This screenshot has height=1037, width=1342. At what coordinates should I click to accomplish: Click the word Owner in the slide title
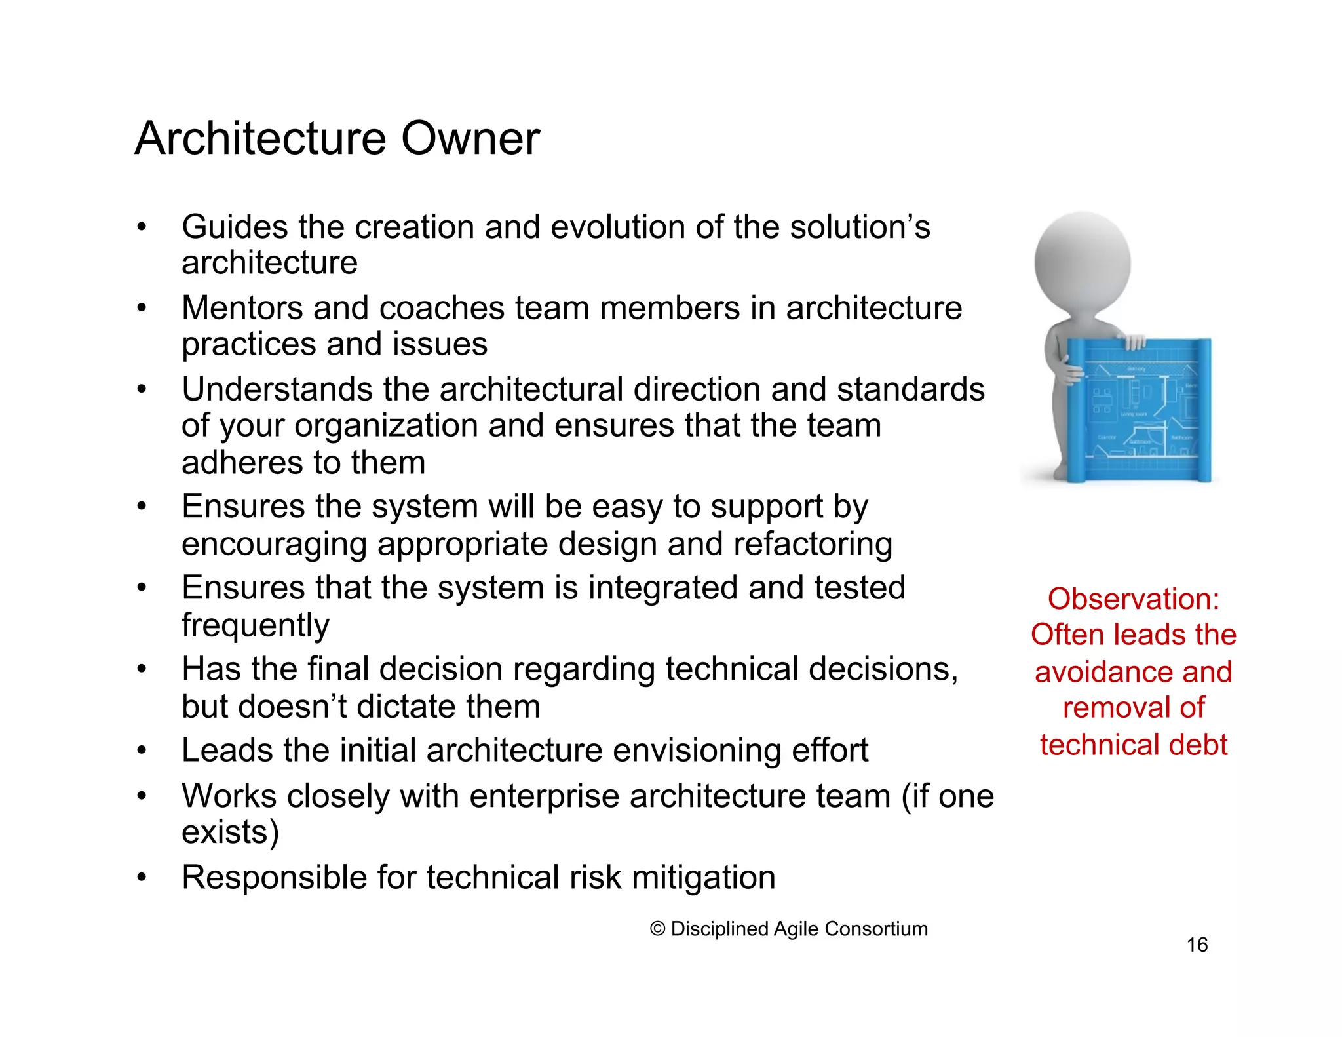[x=470, y=139]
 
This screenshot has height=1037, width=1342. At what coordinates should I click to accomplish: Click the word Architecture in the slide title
[x=261, y=139]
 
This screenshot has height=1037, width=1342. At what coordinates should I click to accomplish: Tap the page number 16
[x=1197, y=945]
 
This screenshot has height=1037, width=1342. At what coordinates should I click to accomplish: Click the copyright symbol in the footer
[x=657, y=929]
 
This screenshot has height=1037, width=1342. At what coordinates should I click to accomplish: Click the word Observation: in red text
[x=1133, y=599]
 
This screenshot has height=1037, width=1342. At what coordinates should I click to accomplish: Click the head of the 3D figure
[x=1083, y=262]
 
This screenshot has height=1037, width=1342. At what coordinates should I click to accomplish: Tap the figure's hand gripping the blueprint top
[x=1134, y=342]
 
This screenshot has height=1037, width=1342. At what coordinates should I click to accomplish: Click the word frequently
[x=255, y=625]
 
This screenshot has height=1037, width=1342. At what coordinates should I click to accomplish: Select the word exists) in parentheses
[x=230, y=832]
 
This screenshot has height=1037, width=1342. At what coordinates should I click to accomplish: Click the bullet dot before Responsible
[x=141, y=877]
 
